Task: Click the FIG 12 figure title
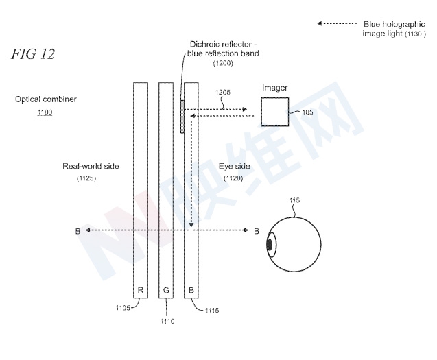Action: [x=33, y=53]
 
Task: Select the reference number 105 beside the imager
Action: [x=307, y=112]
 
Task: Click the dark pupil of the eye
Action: [x=269, y=245]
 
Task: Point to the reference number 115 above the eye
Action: [x=294, y=200]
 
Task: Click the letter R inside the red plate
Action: [x=141, y=290]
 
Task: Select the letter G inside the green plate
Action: [x=166, y=290]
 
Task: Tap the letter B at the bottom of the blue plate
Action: [x=191, y=290]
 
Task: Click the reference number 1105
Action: [x=123, y=308]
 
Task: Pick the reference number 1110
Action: [x=167, y=322]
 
